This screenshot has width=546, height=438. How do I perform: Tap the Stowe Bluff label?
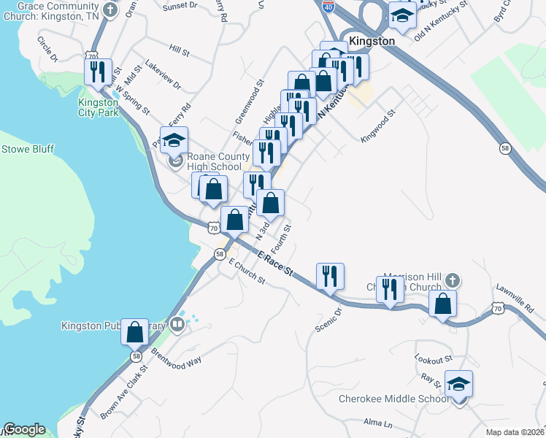pos(28,149)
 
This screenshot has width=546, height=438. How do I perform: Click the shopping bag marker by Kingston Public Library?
pos(135,333)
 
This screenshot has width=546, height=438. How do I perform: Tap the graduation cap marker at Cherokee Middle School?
pos(458,384)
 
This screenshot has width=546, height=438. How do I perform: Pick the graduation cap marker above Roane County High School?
pos(174,140)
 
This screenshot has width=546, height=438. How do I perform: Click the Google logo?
pos(24,429)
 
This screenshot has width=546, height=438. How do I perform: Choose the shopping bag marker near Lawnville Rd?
pos(443,304)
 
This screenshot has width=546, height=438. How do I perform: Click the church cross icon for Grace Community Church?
pos(109,10)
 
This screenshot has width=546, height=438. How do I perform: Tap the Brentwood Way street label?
pos(176,359)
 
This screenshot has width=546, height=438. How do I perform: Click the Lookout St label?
pos(434,360)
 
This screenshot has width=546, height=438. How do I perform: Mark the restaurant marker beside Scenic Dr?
pos(330,277)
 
